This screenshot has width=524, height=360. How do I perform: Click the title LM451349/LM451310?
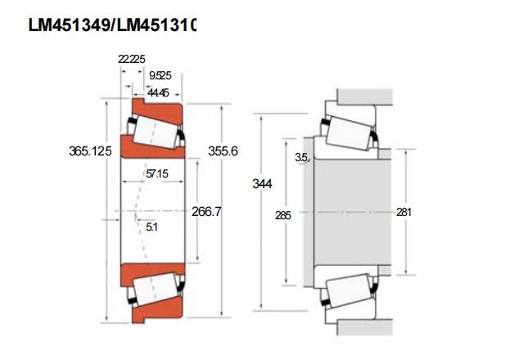point(112,25)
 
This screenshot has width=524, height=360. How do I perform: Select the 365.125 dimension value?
point(90,151)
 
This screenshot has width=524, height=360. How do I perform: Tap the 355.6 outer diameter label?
point(223,151)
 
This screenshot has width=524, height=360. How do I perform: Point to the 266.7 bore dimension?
point(206,211)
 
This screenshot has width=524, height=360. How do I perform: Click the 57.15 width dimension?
point(157,173)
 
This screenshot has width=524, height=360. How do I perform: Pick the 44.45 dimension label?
point(158,92)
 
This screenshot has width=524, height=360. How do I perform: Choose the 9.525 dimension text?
point(160,75)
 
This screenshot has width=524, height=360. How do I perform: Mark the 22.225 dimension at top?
point(132,59)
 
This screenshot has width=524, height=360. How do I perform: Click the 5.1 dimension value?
point(151,227)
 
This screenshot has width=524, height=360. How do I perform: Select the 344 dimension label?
point(262,183)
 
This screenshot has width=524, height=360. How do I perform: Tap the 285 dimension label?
point(282,215)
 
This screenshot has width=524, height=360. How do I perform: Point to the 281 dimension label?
point(404,212)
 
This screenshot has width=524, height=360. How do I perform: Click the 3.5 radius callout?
point(301,157)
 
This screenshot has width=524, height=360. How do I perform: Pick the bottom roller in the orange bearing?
point(155,289)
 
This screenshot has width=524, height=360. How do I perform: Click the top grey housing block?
point(364,97)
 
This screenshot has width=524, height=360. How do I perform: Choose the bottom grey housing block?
point(364,327)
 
